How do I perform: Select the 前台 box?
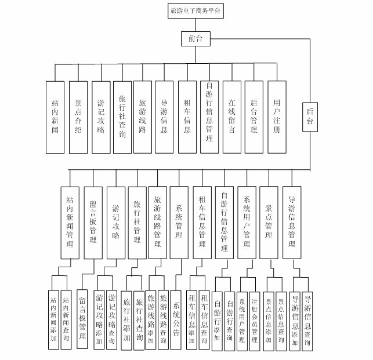(195, 39)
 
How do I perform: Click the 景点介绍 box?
(78, 116)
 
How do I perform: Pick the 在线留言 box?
(231, 116)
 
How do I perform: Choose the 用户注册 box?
(277, 116)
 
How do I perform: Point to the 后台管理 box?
(253, 116)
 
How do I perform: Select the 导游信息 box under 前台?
(164, 116)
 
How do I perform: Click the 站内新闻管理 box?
(70, 222)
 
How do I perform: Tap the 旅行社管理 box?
(137, 222)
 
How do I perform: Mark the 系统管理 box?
(179, 222)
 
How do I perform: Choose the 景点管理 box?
(269, 222)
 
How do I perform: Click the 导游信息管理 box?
(292, 222)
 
